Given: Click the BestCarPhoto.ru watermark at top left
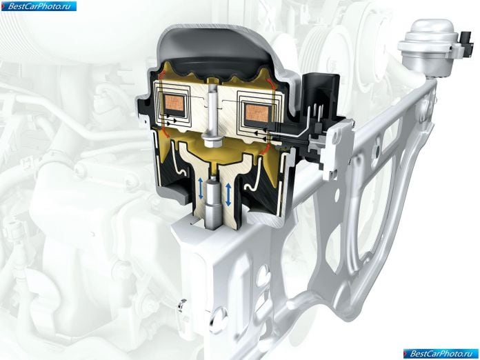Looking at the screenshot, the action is (x=39, y=6).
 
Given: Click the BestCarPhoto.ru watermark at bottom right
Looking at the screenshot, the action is (x=441, y=354).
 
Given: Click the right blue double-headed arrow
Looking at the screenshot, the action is (x=228, y=194).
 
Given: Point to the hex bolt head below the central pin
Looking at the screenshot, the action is (x=211, y=142).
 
